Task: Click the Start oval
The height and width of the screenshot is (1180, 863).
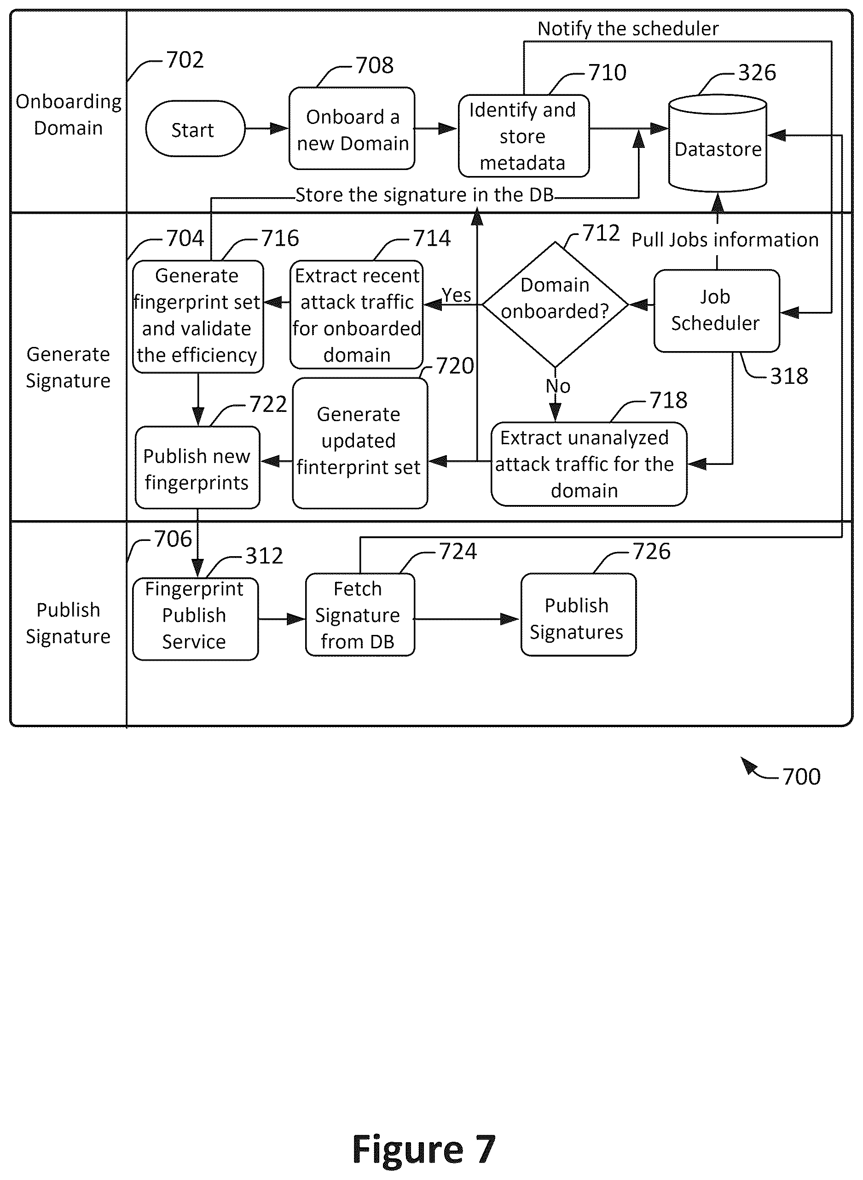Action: pyautogui.click(x=195, y=129)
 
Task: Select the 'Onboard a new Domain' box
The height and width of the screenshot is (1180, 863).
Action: pyautogui.click(x=352, y=129)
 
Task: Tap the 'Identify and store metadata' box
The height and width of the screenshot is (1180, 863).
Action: pyautogui.click(x=523, y=136)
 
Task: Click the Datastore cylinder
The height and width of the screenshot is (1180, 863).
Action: pyautogui.click(x=718, y=143)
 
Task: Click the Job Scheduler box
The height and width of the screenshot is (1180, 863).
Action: pyautogui.click(x=717, y=311)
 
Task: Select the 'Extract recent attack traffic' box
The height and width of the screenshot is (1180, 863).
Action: pyautogui.click(x=357, y=315)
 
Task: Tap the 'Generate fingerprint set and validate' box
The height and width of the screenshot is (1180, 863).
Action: pyautogui.click(x=198, y=316)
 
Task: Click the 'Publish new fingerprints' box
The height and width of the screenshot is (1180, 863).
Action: pyautogui.click(x=197, y=467)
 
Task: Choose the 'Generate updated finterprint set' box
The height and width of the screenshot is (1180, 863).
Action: pyautogui.click(x=360, y=443)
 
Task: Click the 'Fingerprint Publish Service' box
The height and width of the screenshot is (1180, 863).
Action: pyautogui.click(x=195, y=618)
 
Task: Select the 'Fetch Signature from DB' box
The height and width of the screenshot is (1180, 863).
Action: pyautogui.click(x=360, y=615)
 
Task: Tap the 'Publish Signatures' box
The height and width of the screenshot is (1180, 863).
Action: pyautogui.click(x=578, y=615)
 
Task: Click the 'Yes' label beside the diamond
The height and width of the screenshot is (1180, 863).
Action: pyautogui.click(x=456, y=295)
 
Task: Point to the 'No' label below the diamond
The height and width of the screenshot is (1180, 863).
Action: pyautogui.click(x=558, y=387)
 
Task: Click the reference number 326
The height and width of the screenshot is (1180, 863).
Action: pyautogui.click(x=757, y=73)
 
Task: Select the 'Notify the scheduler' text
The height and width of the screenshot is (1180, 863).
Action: pyautogui.click(x=628, y=29)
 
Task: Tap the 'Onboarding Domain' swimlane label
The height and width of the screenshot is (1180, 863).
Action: pyautogui.click(x=69, y=114)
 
